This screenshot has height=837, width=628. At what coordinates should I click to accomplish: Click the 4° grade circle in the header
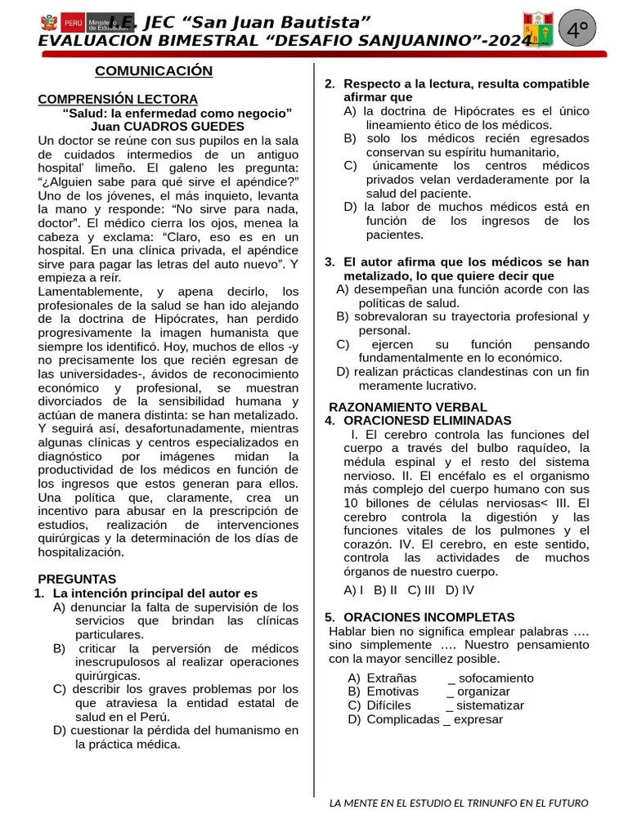tap(579, 31)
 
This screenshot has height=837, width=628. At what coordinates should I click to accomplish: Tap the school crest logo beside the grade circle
tap(538, 30)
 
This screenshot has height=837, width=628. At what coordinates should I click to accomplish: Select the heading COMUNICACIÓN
tap(154, 71)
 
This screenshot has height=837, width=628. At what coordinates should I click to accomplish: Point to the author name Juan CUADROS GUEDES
tap(168, 126)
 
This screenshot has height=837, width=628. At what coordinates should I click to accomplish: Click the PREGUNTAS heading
tap(77, 579)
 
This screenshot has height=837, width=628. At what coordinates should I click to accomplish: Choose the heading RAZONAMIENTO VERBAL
tap(407, 407)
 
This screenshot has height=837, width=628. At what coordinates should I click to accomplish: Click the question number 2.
tap(330, 84)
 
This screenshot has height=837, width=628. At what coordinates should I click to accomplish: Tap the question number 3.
tap(330, 262)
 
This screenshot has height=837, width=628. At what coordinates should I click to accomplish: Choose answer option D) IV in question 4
tap(460, 589)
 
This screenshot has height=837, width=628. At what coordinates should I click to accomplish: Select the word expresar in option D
tap(478, 719)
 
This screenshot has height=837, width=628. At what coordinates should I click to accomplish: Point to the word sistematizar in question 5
tap(491, 705)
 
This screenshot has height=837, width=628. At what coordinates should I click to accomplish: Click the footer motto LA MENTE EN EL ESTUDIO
tap(458, 803)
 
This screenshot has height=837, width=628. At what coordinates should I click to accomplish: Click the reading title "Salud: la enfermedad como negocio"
tap(177, 113)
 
